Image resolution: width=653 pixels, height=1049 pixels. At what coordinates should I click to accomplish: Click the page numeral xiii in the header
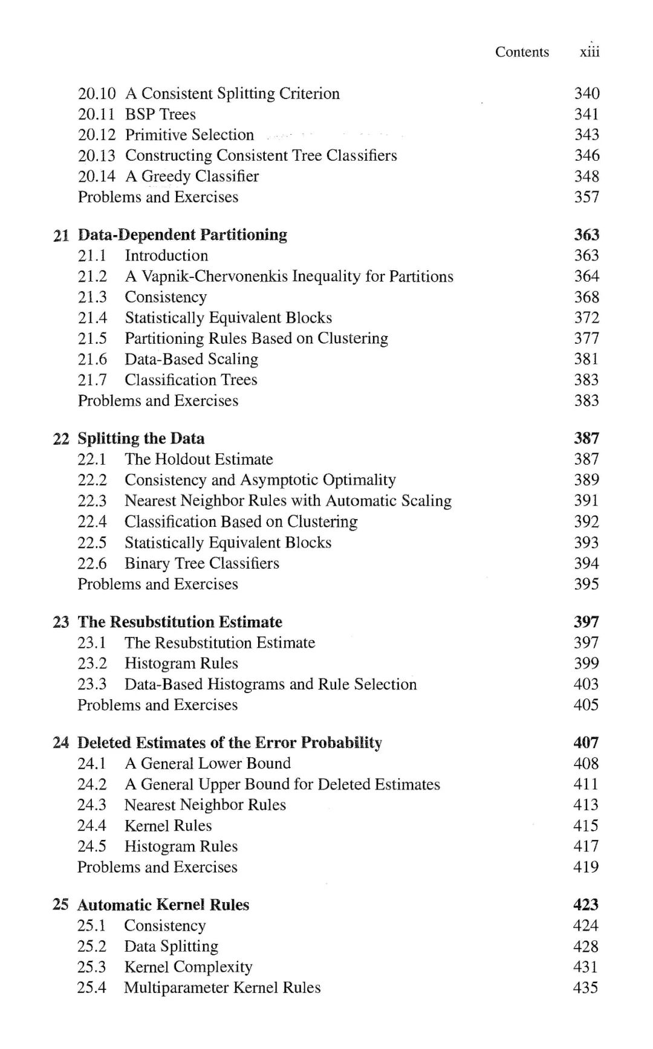[590, 52]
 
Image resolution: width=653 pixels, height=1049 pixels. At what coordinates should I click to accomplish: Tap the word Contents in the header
[522, 52]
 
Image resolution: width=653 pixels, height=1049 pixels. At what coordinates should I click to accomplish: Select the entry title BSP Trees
[160, 114]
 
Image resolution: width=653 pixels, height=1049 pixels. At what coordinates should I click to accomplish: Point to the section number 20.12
[96, 135]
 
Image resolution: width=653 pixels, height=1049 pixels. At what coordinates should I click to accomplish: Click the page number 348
[586, 176]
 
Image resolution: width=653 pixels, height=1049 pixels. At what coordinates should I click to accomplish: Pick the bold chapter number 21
[61, 235]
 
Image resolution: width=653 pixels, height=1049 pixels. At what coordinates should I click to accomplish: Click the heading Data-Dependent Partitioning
[183, 234]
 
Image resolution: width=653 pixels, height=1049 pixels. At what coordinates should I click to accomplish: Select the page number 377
[586, 338]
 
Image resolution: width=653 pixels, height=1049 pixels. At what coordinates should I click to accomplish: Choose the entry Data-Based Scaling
[191, 359]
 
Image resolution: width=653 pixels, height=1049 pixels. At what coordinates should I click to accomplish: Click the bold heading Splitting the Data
[141, 438]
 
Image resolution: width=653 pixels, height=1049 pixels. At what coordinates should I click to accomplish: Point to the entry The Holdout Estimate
[198, 459]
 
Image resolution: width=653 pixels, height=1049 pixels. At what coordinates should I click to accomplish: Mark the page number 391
[586, 501]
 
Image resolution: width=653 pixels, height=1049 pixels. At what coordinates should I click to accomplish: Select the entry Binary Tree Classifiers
[202, 563]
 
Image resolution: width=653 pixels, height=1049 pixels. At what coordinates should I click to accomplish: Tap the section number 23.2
[92, 663]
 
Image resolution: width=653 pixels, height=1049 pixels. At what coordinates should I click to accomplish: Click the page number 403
[586, 684]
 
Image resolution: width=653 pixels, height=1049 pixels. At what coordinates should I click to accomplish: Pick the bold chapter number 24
[60, 743]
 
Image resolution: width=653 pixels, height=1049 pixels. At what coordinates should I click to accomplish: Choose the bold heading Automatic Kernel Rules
[163, 905]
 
